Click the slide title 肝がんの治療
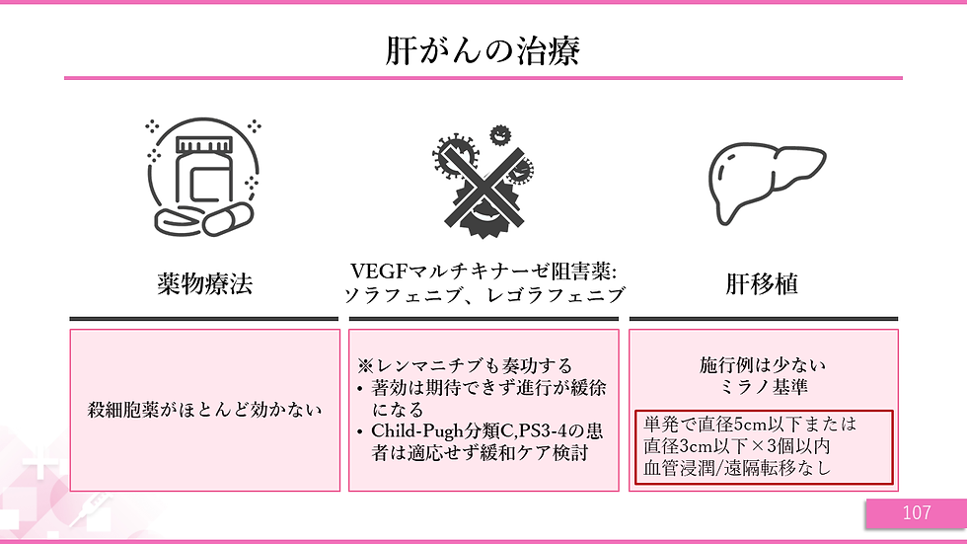coord(483,49)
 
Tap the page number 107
coord(916,512)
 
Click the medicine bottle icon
coord(201,170)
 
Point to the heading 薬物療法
coord(204,284)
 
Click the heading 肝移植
coord(762,284)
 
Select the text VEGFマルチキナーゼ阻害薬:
coord(483,272)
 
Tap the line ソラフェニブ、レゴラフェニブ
coord(483,295)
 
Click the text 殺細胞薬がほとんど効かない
coord(204,408)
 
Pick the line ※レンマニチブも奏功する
coord(465,366)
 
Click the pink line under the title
coord(483,77)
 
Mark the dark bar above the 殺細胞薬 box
coord(204,319)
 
